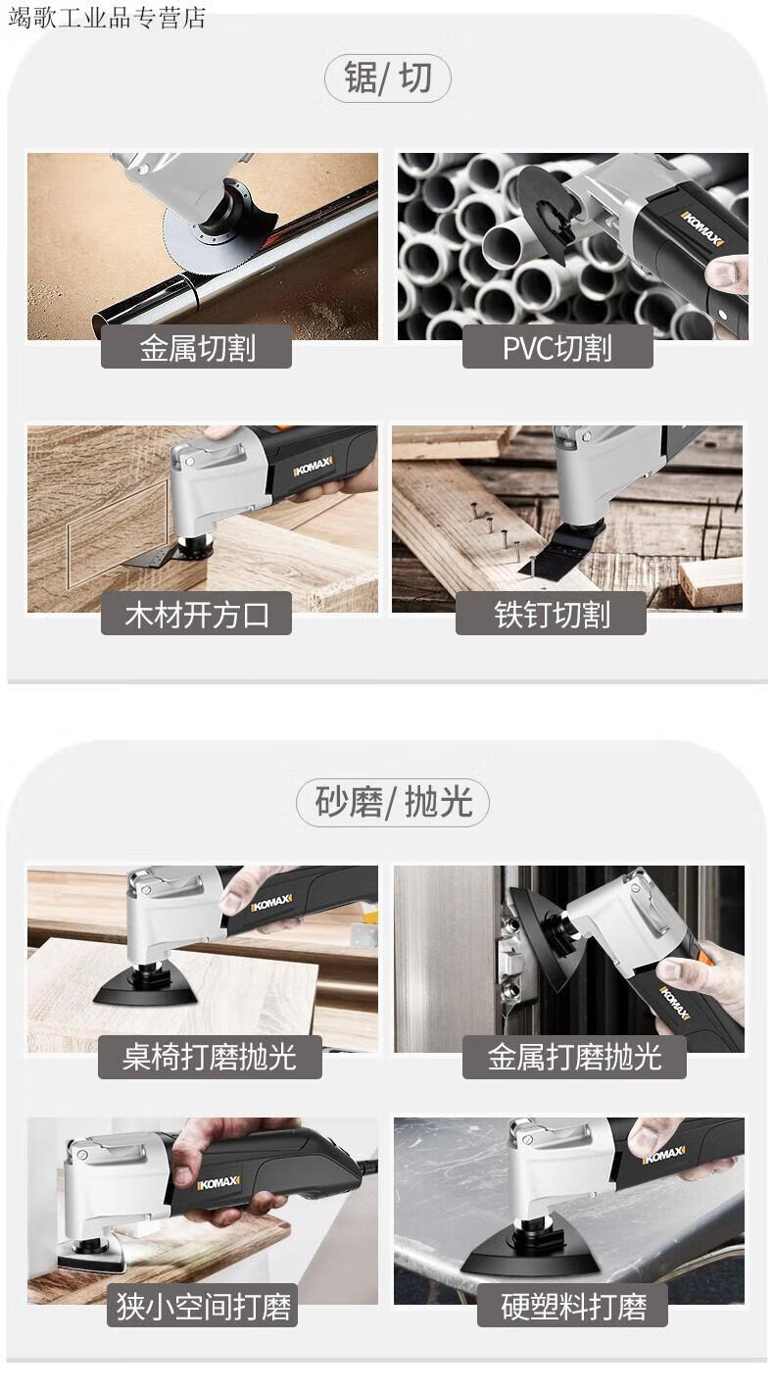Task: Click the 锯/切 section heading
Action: tap(388, 78)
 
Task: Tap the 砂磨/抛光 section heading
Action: tap(393, 802)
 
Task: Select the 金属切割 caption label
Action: tap(197, 347)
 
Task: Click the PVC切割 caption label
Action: tap(557, 347)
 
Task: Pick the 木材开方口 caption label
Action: tap(197, 615)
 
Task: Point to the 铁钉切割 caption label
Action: tap(552, 615)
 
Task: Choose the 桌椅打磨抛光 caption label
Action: tap(210, 1057)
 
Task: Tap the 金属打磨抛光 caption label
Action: tap(574, 1057)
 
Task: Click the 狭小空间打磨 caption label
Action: tap(203, 1306)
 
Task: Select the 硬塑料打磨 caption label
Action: tap(573, 1306)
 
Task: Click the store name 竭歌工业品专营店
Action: tap(107, 17)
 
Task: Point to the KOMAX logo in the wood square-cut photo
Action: tap(314, 466)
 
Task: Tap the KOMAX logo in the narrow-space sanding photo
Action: tap(218, 1183)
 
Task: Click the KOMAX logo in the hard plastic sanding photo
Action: tap(664, 1155)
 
